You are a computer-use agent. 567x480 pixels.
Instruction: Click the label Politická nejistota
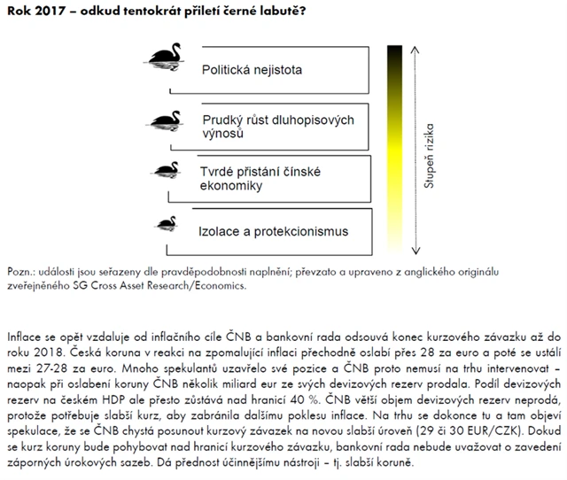click(x=252, y=68)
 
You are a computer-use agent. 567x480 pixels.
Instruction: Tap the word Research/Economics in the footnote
click(x=199, y=286)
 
